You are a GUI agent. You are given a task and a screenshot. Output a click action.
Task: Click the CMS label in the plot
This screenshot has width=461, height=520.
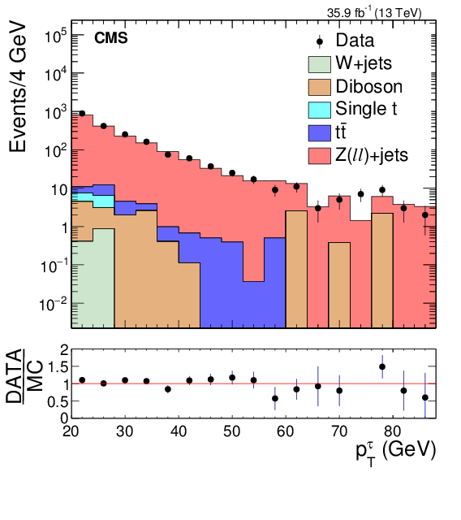[111, 38]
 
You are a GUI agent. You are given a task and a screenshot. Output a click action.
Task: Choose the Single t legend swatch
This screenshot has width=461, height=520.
[324, 109]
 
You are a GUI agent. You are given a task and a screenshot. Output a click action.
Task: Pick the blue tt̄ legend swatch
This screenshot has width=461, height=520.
[324, 131]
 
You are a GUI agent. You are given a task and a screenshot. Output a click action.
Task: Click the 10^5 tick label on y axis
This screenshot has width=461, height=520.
[55, 36]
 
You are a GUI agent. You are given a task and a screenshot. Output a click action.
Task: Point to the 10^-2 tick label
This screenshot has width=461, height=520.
[54, 303]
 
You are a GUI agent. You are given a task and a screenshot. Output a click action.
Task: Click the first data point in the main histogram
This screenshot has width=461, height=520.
[82, 114]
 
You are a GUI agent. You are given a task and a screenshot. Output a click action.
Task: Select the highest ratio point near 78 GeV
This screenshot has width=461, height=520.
[382, 366]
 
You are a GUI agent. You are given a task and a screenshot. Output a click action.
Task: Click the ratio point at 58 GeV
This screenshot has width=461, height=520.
[275, 398]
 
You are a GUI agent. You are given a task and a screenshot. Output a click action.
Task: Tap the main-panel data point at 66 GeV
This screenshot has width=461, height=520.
[318, 208]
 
